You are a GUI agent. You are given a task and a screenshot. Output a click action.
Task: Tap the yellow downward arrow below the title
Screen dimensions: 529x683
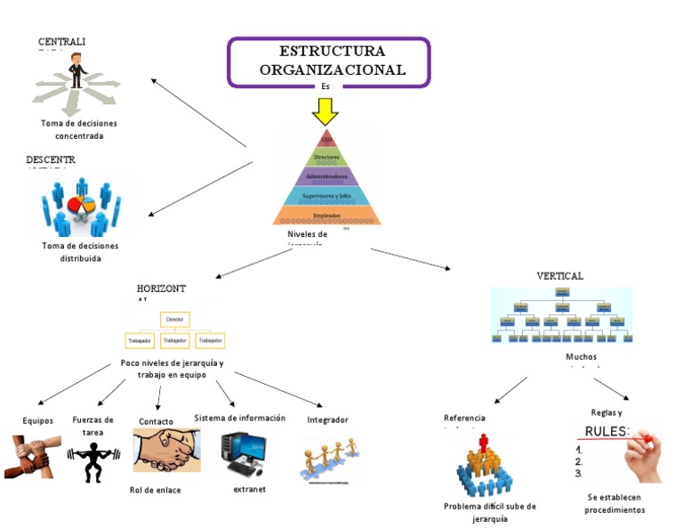point(325,111)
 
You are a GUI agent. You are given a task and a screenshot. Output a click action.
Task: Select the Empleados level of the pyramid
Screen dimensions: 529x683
point(326,216)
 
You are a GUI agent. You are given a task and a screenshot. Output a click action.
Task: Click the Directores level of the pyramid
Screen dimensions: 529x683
point(326,158)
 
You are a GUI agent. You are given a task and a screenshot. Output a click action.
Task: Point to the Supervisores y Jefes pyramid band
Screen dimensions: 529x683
point(326,196)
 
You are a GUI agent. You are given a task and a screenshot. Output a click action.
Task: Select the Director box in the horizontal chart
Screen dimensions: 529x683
point(174,319)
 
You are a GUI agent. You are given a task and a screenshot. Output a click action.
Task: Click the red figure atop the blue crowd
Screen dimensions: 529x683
point(484,443)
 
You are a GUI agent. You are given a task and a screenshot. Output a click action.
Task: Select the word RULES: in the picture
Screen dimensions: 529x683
point(607,432)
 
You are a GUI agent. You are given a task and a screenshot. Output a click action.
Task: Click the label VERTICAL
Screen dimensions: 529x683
point(560,276)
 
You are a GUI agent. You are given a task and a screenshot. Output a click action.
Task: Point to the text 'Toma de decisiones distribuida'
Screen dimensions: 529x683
point(80,252)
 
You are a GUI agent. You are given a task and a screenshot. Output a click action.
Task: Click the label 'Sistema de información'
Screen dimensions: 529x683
point(240,418)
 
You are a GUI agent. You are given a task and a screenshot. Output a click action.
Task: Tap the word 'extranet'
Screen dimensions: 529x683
point(249,489)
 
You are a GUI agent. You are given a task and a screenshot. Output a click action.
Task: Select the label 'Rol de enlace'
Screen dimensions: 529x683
point(156,490)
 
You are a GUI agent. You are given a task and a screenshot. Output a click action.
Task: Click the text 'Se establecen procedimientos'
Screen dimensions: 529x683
point(615,503)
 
